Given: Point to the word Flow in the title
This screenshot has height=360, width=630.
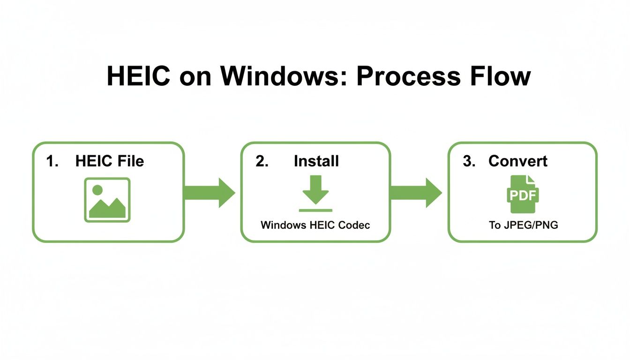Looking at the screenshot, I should click(x=503, y=76).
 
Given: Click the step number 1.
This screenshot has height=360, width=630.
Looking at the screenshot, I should click(x=51, y=161).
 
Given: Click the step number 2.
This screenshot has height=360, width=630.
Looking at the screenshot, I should click(x=262, y=161).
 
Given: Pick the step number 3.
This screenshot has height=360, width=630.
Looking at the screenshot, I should click(x=469, y=161).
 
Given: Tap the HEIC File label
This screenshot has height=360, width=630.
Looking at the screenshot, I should click(x=110, y=161).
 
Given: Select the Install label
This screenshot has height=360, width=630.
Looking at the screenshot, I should click(x=316, y=161).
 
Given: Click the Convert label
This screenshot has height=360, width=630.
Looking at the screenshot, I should click(x=517, y=161).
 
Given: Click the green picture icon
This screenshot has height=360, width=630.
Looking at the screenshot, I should click(x=107, y=200).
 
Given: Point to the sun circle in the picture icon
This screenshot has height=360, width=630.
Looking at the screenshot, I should click(x=97, y=190).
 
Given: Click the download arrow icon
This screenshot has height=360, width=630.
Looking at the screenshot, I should click(x=315, y=190).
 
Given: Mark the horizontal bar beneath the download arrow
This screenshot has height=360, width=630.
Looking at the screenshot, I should click(x=315, y=210).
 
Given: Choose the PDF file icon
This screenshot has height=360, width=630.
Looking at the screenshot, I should click(x=523, y=194).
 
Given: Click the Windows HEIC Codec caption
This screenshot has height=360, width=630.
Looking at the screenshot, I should click(x=315, y=225).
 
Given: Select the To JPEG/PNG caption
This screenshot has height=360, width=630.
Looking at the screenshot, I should click(x=523, y=225).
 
